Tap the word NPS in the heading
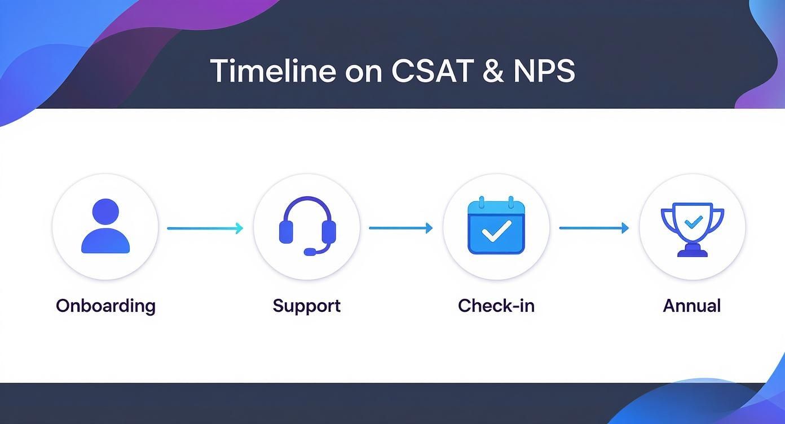tap(544, 72)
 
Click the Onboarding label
tap(105, 306)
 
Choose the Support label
tap(306, 306)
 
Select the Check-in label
tap(496, 306)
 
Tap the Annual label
tap(691, 306)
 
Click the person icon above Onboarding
tap(105, 227)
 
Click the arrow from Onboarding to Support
tap(205, 228)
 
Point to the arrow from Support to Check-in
tap(400, 228)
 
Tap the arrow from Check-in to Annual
tap(593, 228)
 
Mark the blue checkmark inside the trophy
tap(692, 222)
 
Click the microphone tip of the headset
tap(310, 251)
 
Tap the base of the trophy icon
tap(692, 252)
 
